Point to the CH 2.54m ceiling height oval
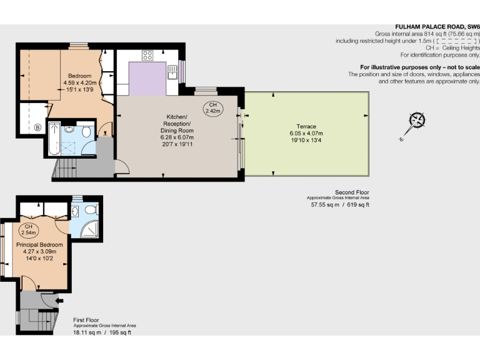click(x=28, y=229)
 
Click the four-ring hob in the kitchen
click(x=147, y=55)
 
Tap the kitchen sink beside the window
click(x=172, y=74)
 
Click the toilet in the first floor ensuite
click(x=91, y=209)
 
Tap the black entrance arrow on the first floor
click(x=58, y=301)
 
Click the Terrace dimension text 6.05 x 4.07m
click(x=306, y=133)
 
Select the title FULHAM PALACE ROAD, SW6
click(x=437, y=27)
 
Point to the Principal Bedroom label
click(x=39, y=244)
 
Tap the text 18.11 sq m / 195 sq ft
click(x=102, y=332)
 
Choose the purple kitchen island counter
click(x=147, y=77)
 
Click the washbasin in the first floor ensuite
click(x=76, y=199)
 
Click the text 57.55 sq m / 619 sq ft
click(x=340, y=204)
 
